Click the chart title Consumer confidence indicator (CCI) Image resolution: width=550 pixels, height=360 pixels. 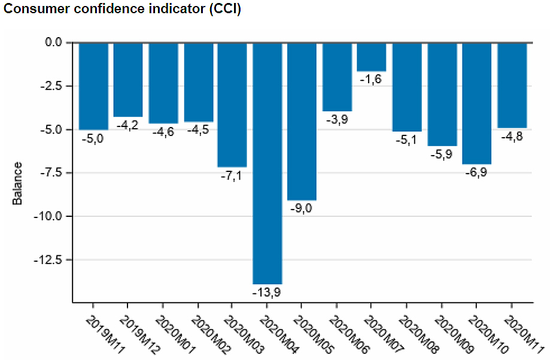click(123, 10)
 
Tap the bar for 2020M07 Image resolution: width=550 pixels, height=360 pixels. click(372, 57)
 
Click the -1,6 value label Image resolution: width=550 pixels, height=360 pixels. click(371, 80)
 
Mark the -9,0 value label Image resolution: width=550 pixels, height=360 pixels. click(302, 208)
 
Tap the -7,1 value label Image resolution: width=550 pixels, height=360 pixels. click(232, 176)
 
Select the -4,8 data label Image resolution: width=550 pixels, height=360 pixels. click(512, 136)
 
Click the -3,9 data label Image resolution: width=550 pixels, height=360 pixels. click(337, 120)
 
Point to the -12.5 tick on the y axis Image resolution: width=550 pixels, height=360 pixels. click(49, 260)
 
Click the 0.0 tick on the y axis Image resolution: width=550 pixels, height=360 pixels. click(53, 43)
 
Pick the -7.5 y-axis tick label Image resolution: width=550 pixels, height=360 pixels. click(51, 173)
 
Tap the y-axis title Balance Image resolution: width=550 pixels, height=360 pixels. click(18, 183)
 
